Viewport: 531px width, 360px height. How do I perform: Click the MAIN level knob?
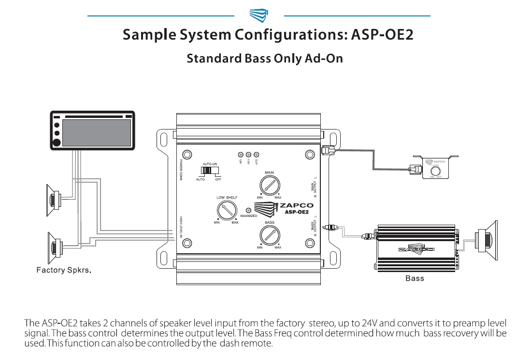pos(269,186)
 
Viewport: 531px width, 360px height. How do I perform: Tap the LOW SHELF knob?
pos(226,211)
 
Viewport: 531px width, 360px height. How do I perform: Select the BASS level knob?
pos(269,235)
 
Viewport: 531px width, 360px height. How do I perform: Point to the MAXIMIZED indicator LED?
pos(248,210)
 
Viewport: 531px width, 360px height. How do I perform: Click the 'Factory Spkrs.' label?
pos(64,270)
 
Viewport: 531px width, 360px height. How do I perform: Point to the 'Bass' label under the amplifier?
pos(415,278)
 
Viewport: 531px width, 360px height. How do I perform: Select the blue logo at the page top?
pos(259,15)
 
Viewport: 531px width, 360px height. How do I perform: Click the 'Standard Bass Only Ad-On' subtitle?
pos(265,59)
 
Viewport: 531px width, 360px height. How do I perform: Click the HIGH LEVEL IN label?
pos(181,227)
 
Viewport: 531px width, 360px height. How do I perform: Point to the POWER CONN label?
pos(181,169)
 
